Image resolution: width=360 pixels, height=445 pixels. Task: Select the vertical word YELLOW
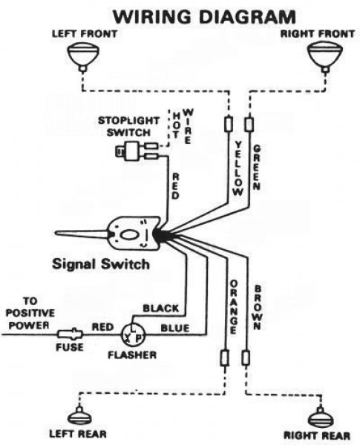click(238, 167)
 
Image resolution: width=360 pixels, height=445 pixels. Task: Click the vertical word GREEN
click(256, 167)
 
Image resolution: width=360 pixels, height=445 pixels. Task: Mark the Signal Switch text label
click(99, 264)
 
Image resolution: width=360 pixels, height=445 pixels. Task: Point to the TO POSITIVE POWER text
click(27, 314)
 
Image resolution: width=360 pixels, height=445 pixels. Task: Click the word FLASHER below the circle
click(134, 355)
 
